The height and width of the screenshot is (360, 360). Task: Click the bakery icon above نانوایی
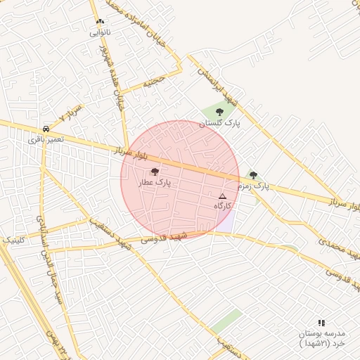point(99,22)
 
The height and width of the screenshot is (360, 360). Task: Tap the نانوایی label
point(99,32)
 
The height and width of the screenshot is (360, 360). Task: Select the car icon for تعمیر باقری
point(46,129)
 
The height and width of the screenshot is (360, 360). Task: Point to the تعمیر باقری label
point(46,139)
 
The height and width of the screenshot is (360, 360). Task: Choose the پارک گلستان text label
point(219,123)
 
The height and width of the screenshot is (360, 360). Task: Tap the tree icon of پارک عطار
point(155,171)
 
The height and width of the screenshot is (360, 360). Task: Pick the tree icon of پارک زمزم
point(253,175)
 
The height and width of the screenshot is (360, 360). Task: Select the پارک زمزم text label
point(253,186)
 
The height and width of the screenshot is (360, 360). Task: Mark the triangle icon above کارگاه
point(223,196)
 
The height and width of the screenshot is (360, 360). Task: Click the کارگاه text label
point(223,206)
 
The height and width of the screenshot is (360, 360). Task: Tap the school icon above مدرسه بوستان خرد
point(321,322)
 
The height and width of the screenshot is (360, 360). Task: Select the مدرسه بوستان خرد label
point(321,337)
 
